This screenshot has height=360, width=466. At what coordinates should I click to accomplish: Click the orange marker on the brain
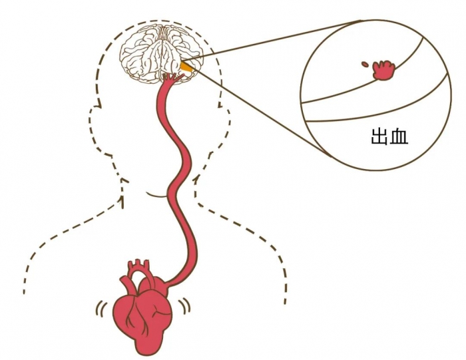pyautogui.click(x=188, y=66)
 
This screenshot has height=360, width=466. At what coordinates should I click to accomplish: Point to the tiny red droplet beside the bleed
pyautogui.click(x=365, y=64)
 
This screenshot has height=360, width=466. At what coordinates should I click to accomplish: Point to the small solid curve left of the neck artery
pyautogui.click(x=156, y=194)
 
